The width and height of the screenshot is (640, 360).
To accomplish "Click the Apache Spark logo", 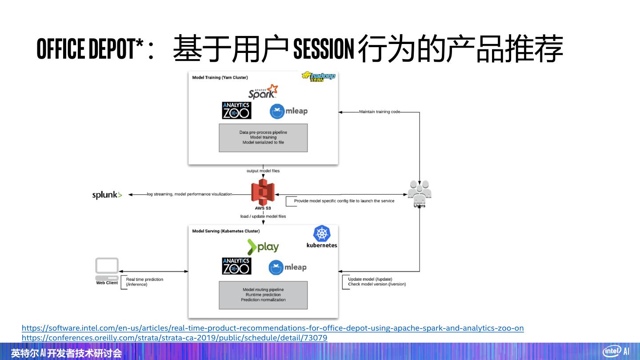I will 263,92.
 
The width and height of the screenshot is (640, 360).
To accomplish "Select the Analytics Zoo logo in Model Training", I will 236,111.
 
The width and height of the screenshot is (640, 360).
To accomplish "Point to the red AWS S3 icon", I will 263,192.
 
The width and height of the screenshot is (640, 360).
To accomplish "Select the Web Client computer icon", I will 107,268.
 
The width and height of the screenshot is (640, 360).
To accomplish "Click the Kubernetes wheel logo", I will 322,234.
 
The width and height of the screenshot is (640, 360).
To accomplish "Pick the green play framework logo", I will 263,247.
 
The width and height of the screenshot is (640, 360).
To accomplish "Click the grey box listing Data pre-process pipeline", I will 263,138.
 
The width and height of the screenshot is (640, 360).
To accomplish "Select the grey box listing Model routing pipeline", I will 263,295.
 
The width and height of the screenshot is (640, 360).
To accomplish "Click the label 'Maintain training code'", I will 380,112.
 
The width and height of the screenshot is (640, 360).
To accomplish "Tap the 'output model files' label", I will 263,171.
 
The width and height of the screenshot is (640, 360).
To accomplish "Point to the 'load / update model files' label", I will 263,216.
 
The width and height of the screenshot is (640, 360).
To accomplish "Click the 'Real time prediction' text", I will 144,280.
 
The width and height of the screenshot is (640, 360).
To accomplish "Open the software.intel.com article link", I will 272,328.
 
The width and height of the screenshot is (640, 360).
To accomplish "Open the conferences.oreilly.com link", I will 174,338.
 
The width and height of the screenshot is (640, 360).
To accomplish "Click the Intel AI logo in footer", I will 616,351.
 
